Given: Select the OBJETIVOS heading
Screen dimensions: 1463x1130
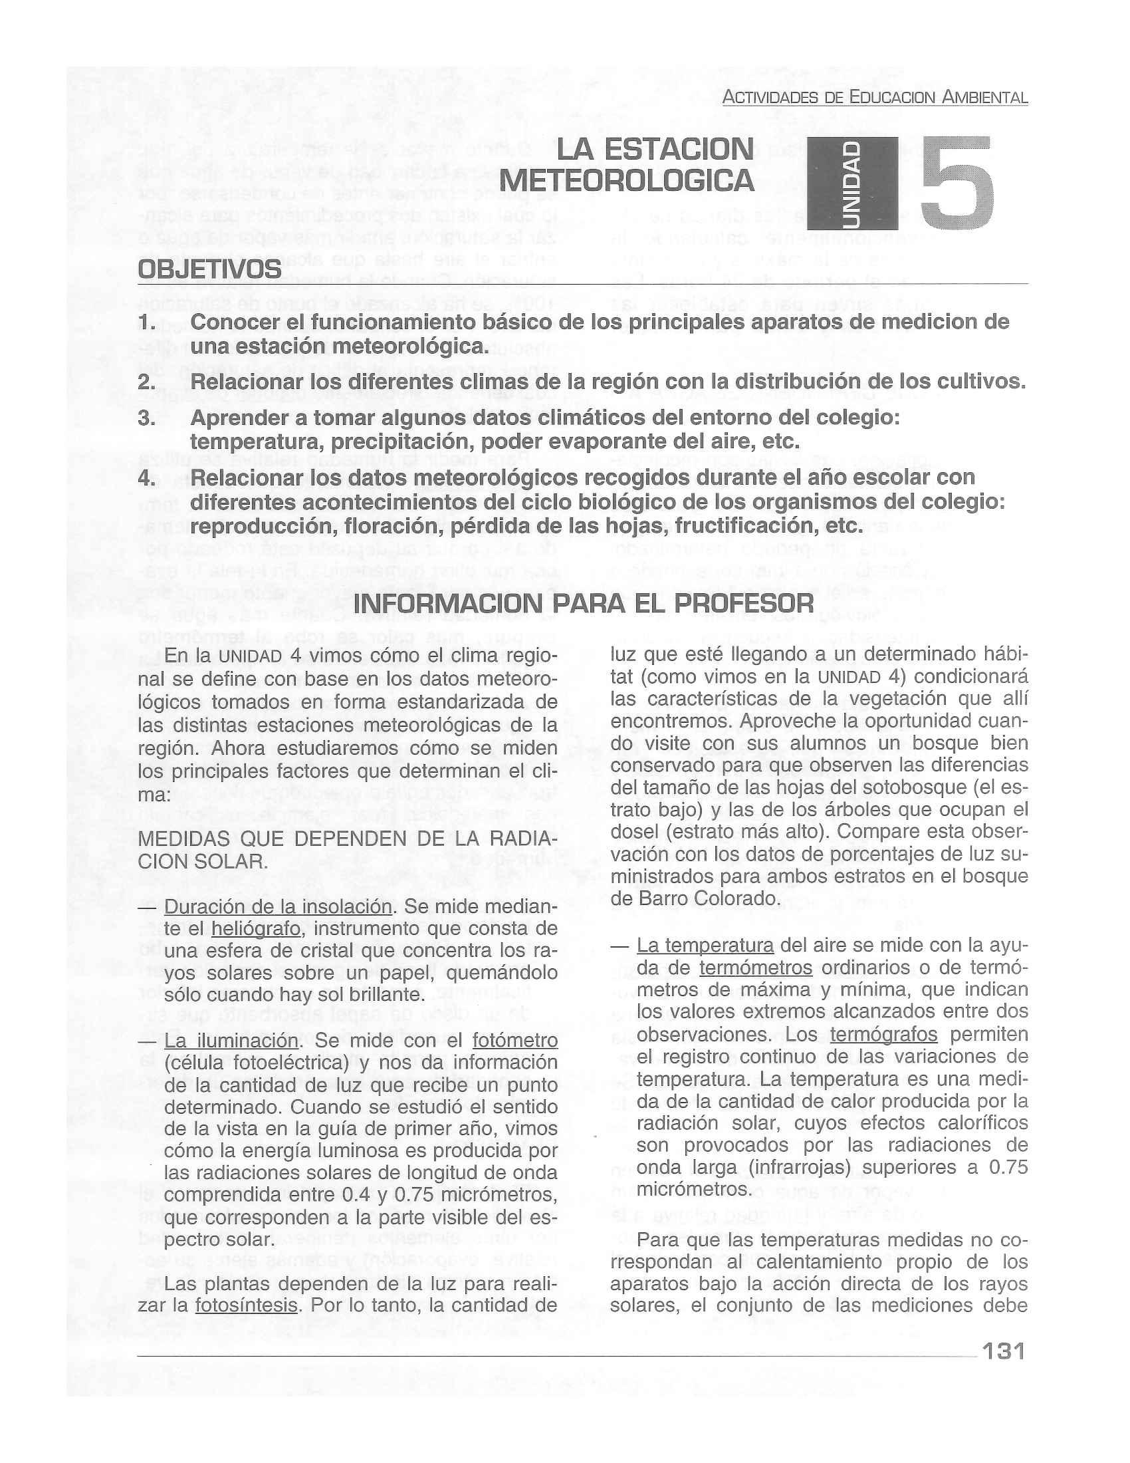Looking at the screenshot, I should (x=209, y=270).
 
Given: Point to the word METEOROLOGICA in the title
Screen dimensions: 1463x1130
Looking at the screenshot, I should (x=627, y=180).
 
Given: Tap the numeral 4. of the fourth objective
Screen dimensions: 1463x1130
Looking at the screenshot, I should (x=147, y=478).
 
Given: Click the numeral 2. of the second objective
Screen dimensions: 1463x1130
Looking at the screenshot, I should (x=147, y=382).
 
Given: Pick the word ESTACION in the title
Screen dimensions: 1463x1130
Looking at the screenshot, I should (x=655, y=149).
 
